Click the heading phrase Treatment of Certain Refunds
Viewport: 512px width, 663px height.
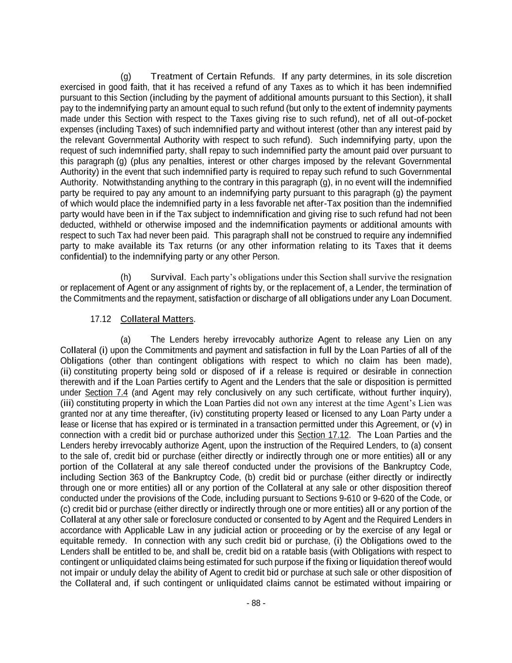pyautogui.click(x=212, y=77)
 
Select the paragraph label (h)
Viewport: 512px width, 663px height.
pyautogui.click(x=126, y=277)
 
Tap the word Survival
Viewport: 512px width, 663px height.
pyautogui.click(x=167, y=277)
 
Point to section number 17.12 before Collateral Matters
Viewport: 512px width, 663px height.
pyautogui.click(x=100, y=319)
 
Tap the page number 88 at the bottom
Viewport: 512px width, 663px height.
pyautogui.click(x=256, y=603)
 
